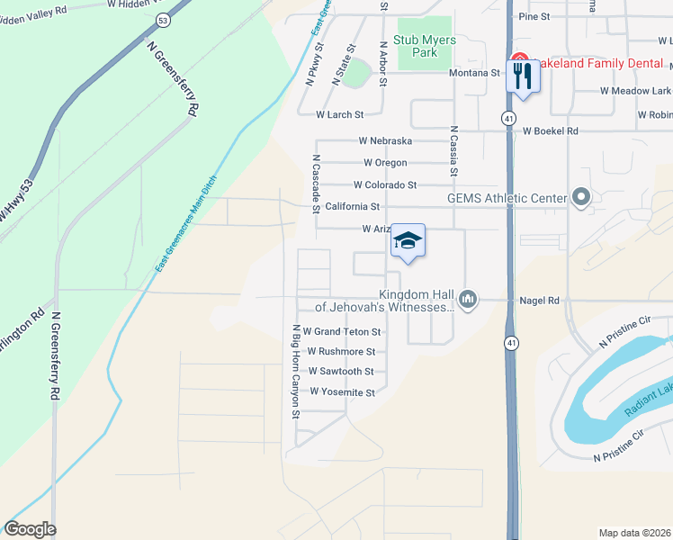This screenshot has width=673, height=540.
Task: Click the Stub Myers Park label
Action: point(425,47)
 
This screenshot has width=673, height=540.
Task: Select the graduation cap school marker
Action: point(408,241)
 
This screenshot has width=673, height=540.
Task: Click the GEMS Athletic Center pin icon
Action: point(580,197)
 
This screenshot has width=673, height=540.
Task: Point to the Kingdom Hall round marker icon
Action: point(467,298)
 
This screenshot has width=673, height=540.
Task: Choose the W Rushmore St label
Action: point(341,352)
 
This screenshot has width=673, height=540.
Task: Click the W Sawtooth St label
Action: point(340,371)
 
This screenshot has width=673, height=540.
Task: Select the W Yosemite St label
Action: point(342,392)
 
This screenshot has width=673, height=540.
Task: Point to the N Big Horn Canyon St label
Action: point(293,371)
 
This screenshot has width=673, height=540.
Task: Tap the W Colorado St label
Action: point(385,185)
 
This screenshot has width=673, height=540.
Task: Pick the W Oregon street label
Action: point(385,163)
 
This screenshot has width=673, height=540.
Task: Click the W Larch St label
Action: point(340,115)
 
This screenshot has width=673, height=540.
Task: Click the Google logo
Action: point(30,529)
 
